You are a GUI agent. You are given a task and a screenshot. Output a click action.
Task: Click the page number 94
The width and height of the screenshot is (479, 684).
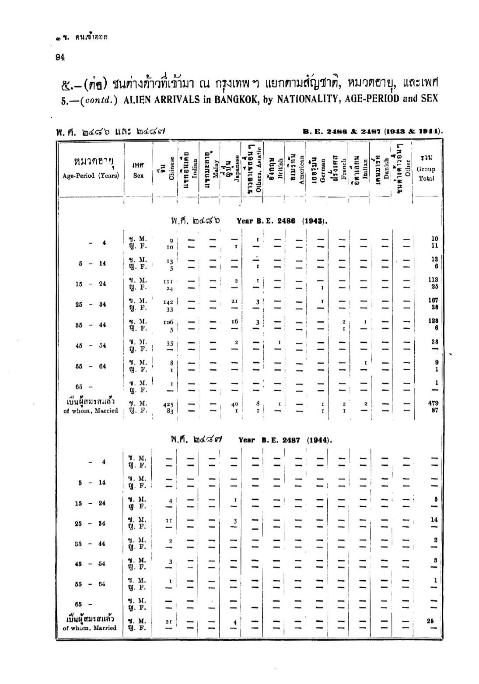pos(60,56)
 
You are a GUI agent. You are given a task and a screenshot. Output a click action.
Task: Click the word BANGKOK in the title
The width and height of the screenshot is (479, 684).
pos(238,98)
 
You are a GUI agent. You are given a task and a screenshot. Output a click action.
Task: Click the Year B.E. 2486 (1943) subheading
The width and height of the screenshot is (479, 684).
pos(282,221)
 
